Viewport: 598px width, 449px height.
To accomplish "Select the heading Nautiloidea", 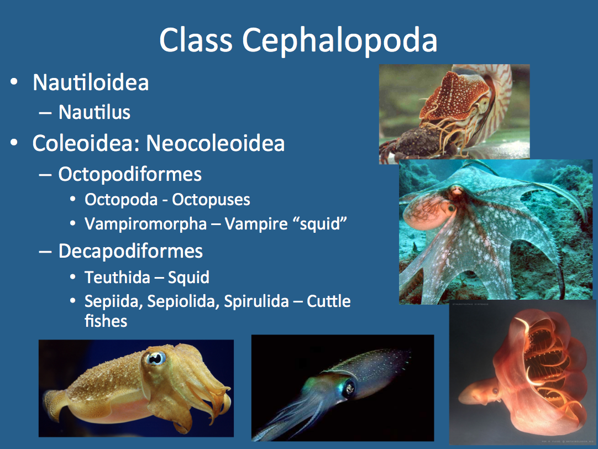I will (x=91, y=82).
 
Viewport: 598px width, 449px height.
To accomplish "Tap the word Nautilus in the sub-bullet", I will (x=95, y=112).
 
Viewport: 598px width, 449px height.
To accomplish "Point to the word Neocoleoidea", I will (x=216, y=143).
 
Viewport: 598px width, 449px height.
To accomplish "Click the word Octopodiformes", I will (x=130, y=174).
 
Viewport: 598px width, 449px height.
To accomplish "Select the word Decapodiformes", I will (x=130, y=251).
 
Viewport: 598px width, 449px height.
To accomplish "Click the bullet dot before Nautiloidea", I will (x=15, y=83).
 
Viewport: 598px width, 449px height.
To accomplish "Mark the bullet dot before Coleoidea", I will (x=15, y=144).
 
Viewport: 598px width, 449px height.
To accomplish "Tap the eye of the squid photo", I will (x=349, y=387).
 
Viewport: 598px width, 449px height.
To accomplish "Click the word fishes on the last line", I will (x=106, y=321).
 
